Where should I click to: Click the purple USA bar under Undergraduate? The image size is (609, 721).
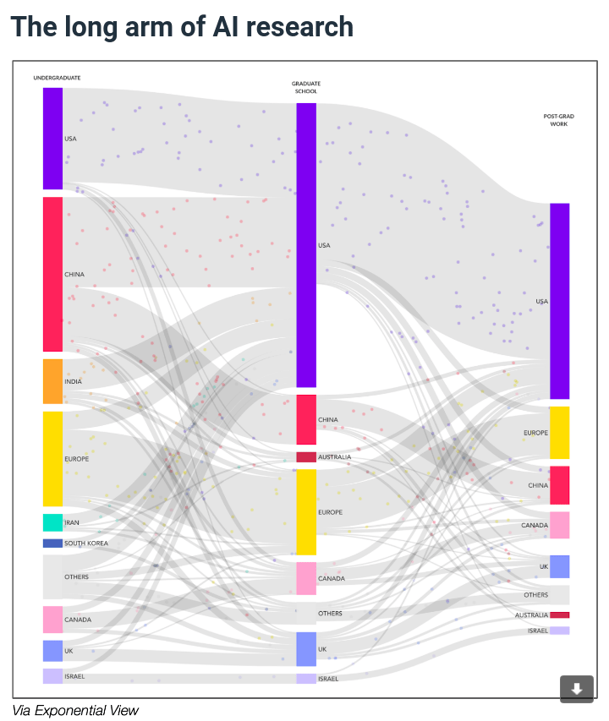[52, 138]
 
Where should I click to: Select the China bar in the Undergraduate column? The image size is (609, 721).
[52, 274]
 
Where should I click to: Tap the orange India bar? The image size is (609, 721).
[52, 381]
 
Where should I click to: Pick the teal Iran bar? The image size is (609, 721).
[52, 522]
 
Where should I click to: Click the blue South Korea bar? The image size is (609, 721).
[52, 543]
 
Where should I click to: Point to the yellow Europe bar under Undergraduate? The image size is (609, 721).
[52, 458]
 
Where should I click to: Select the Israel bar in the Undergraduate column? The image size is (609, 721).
[52, 676]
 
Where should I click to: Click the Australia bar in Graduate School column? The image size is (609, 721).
[305, 457]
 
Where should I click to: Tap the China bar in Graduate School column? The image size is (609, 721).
[305, 419]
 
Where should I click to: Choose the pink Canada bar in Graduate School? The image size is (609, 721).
[305, 578]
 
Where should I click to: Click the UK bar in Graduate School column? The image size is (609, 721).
[305, 648]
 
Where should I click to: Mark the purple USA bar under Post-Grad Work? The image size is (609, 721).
[559, 301]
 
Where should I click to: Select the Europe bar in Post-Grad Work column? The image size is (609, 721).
[559, 433]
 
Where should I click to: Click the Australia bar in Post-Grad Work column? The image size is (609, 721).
[559, 615]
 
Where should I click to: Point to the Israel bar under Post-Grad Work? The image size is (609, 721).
[559, 631]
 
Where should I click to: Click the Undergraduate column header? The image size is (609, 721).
[57, 78]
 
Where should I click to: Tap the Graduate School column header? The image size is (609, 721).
[305, 87]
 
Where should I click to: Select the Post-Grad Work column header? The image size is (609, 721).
[556, 120]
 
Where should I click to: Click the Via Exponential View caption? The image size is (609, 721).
[75, 710]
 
